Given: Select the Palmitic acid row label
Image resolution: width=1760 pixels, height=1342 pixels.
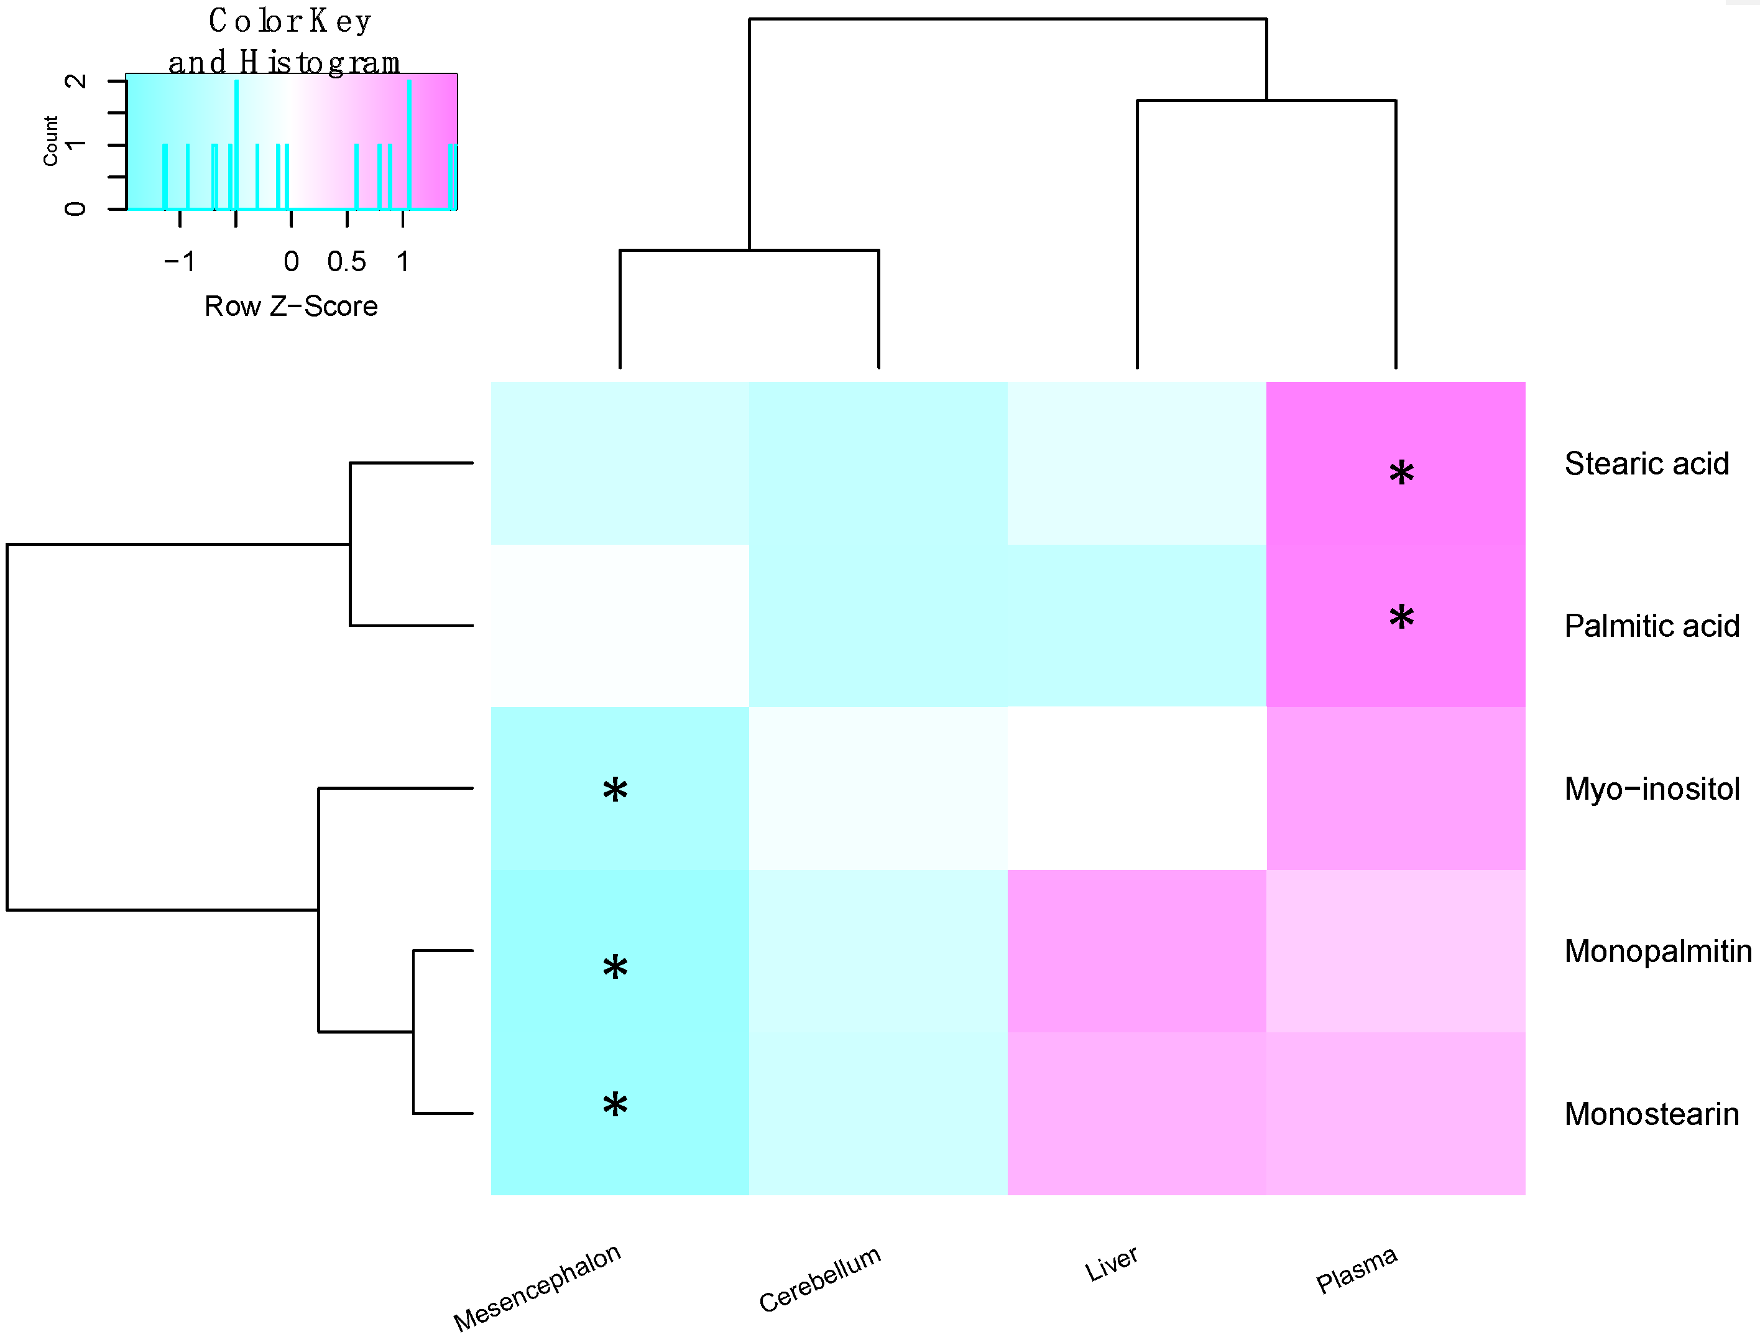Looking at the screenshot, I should coord(1651,626).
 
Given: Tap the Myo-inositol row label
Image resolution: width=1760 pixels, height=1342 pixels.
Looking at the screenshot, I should coord(1651,789).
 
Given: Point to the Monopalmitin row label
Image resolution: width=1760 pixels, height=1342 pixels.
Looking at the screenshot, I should coord(1657,951).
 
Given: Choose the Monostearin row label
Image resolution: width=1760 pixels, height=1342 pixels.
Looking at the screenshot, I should coord(1651,1114).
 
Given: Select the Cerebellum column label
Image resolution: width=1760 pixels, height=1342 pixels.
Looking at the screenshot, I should coord(819,1279).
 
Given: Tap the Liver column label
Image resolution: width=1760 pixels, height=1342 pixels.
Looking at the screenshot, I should coord(1111,1264).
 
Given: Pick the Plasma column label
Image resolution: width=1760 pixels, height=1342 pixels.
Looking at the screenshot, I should coord(1356,1269).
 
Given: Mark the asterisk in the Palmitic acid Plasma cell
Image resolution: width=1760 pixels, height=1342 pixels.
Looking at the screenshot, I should coord(1401,618).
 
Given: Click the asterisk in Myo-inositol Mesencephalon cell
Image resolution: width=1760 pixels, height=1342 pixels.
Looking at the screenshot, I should coord(615,791).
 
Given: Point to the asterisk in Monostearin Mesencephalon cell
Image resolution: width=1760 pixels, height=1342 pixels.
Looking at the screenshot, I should coord(615,1106).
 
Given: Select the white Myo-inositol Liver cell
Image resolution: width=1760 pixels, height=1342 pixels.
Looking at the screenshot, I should coord(1136,789).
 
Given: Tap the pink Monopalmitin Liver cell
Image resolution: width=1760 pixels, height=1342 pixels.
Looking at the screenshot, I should coord(1136,951).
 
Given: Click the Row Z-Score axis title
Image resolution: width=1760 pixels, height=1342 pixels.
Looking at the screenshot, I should coord(291,307).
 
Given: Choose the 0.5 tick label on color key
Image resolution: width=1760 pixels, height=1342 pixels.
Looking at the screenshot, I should coord(346,262).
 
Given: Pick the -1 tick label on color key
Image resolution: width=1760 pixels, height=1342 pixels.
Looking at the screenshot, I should coord(180,262).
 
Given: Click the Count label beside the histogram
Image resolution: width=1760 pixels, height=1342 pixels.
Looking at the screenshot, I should coord(50,141).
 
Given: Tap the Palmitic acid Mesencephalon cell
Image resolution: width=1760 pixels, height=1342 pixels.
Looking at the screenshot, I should coord(620,626).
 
